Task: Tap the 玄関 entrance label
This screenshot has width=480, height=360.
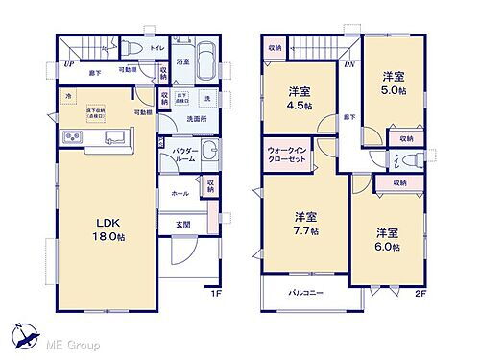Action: [183, 226]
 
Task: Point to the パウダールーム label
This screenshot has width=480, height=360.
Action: [186, 156]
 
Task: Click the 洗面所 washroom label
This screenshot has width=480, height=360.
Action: [197, 119]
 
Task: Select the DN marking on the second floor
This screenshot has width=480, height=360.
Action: [348, 64]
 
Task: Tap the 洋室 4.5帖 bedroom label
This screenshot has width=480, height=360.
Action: [299, 99]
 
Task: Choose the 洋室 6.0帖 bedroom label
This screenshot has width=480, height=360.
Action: [387, 239]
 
